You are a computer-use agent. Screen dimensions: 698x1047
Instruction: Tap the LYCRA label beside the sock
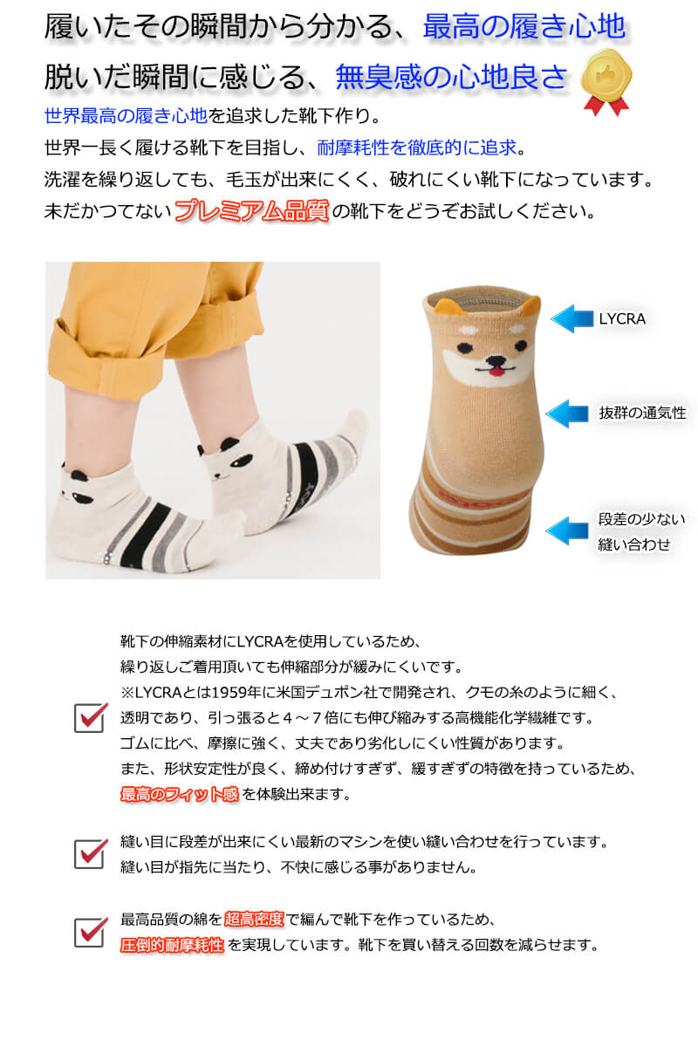pos(622,318)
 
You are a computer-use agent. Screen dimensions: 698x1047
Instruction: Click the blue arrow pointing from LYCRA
pos(571,318)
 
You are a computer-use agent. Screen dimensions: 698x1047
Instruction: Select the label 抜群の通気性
pos(642,413)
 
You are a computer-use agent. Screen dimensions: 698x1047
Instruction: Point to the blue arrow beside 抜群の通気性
pos(566,414)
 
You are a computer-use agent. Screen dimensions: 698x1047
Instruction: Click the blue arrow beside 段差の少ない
pos(566,530)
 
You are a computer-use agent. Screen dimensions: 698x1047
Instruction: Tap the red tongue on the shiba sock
pos(496,372)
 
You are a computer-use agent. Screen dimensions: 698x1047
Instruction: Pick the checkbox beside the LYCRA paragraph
pos(91,717)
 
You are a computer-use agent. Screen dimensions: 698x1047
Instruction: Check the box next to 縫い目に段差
pos(91,853)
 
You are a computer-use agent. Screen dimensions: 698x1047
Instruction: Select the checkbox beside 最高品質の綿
pos(91,932)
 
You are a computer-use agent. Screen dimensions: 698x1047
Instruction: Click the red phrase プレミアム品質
pos(251,211)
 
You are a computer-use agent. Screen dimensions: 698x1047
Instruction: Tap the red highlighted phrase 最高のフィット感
pos(180,794)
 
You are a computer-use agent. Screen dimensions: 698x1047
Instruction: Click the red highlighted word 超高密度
pos(254,919)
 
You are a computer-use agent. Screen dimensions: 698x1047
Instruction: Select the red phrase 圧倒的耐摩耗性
pos(172,945)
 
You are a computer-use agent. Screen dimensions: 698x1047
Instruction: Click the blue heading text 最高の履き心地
pos(523,26)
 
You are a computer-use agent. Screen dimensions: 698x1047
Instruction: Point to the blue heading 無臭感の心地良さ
pos(451,76)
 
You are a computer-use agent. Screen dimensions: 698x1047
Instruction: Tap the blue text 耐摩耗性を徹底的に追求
pos(416,147)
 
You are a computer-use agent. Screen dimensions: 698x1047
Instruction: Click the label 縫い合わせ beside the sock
pos(634,544)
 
